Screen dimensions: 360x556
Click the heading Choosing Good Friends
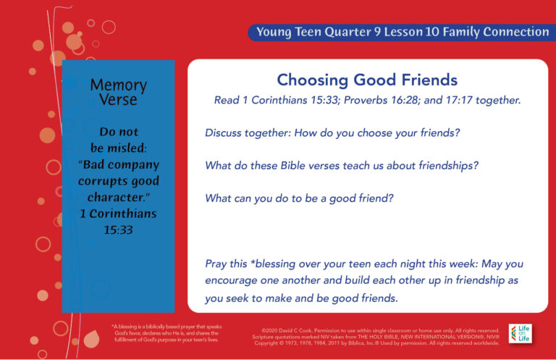[367, 80]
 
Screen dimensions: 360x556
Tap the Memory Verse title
[118, 93]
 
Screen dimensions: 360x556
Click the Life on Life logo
[520, 334]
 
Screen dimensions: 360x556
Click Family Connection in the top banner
[499, 32]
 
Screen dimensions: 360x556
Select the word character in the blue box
[117, 197]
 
